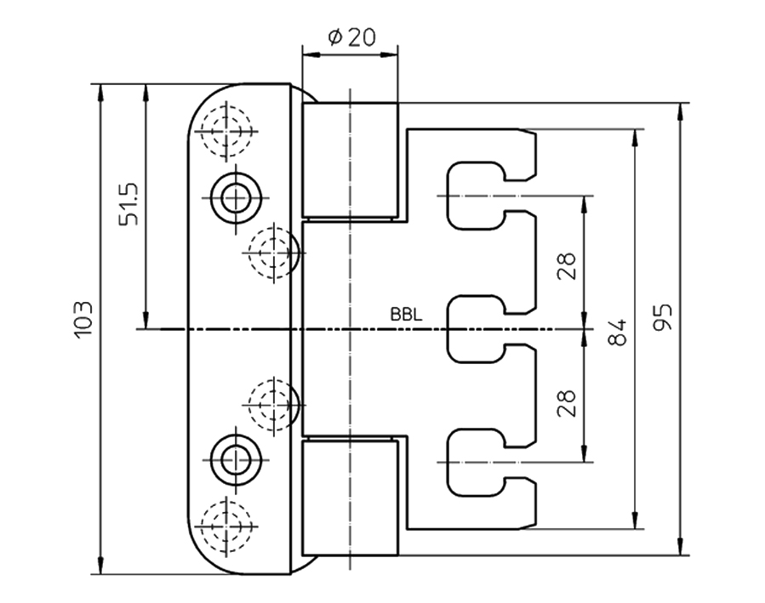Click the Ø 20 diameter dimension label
(x=351, y=37)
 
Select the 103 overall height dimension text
(x=83, y=319)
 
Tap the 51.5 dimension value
(x=128, y=204)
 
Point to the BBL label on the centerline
(x=406, y=315)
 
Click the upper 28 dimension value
(x=567, y=266)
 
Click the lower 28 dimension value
(x=567, y=403)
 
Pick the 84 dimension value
(x=617, y=333)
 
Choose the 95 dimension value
(x=663, y=317)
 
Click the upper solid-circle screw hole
(x=236, y=198)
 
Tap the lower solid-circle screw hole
(x=236, y=459)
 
